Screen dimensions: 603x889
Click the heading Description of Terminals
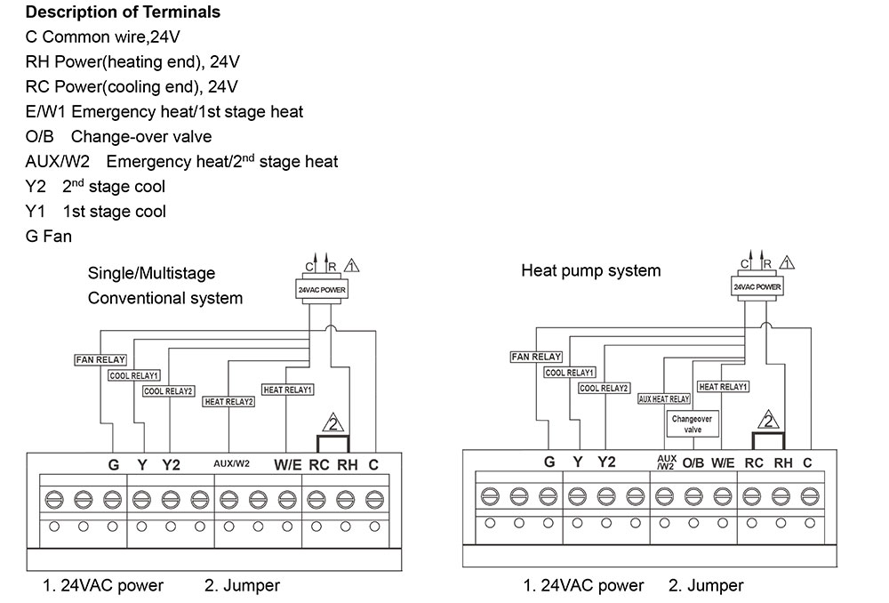[123, 12]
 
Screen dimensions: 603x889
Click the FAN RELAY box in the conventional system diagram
[100, 360]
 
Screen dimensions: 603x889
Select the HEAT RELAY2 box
[229, 402]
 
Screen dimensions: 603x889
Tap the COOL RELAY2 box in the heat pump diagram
[605, 389]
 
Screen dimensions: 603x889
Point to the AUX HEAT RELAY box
[664, 399]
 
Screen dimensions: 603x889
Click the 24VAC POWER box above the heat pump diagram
[757, 287]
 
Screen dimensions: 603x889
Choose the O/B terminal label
[693, 462]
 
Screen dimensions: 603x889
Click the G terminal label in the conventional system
[113, 463]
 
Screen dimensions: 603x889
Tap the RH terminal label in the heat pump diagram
[783, 462]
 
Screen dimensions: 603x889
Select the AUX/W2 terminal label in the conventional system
[231, 463]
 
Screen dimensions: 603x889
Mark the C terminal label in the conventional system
[373, 463]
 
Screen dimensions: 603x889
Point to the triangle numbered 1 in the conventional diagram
[351, 264]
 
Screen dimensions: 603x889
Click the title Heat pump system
[590, 270]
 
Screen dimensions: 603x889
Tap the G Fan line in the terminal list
[49, 237]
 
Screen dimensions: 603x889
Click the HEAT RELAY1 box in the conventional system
[287, 390]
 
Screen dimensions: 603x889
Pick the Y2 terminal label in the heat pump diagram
[605, 462]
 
